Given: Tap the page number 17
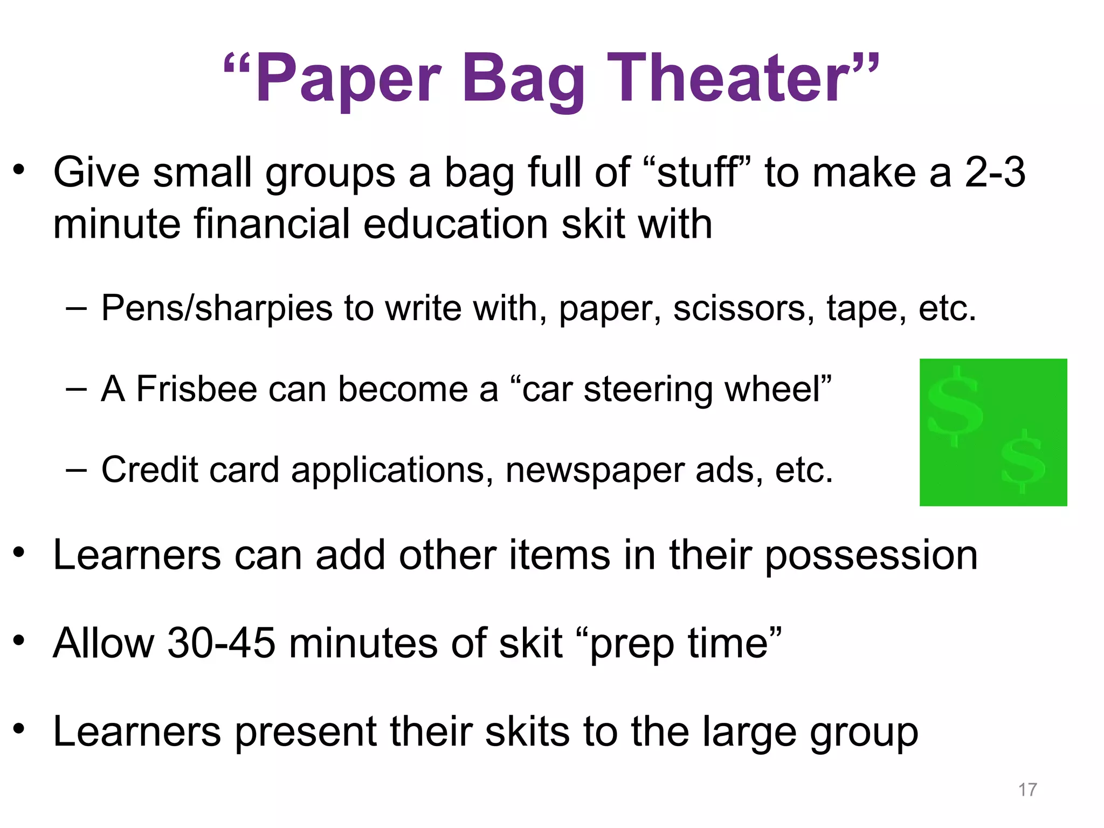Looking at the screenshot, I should (1027, 790).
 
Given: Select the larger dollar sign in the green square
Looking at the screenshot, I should (955, 406).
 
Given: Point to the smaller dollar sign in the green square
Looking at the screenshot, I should (1023, 461).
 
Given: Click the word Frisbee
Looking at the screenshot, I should (196, 389).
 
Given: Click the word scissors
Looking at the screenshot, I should (744, 308).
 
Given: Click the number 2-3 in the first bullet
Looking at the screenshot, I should (995, 172).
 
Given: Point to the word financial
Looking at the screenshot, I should (272, 224).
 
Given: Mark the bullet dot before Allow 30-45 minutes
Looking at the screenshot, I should (19, 640).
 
